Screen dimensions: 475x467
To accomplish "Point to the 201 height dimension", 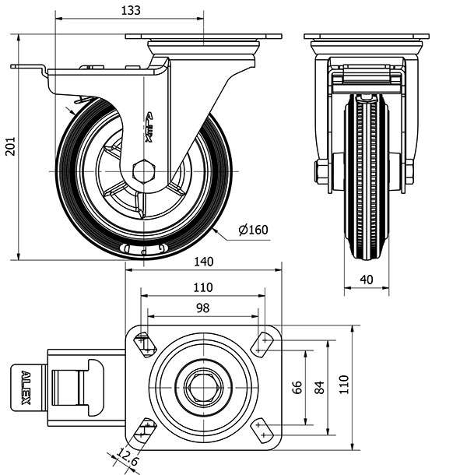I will [x=10, y=147].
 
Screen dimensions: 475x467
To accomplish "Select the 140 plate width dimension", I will [x=203, y=263].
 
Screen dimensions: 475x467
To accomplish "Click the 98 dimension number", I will [x=202, y=308].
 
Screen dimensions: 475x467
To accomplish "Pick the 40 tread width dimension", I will [x=367, y=280].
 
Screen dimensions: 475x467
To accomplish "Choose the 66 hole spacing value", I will [x=297, y=387].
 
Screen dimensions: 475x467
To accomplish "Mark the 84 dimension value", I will [x=319, y=387].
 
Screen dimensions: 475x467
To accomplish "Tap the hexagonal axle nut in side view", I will [x=145, y=171].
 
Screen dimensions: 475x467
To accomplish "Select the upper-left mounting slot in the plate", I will [x=144, y=343].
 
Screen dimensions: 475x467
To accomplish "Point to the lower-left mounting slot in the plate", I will [x=145, y=427].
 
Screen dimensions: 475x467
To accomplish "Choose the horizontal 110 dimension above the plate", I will [x=202, y=287].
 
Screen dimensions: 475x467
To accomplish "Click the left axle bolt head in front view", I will [x=321, y=171].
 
